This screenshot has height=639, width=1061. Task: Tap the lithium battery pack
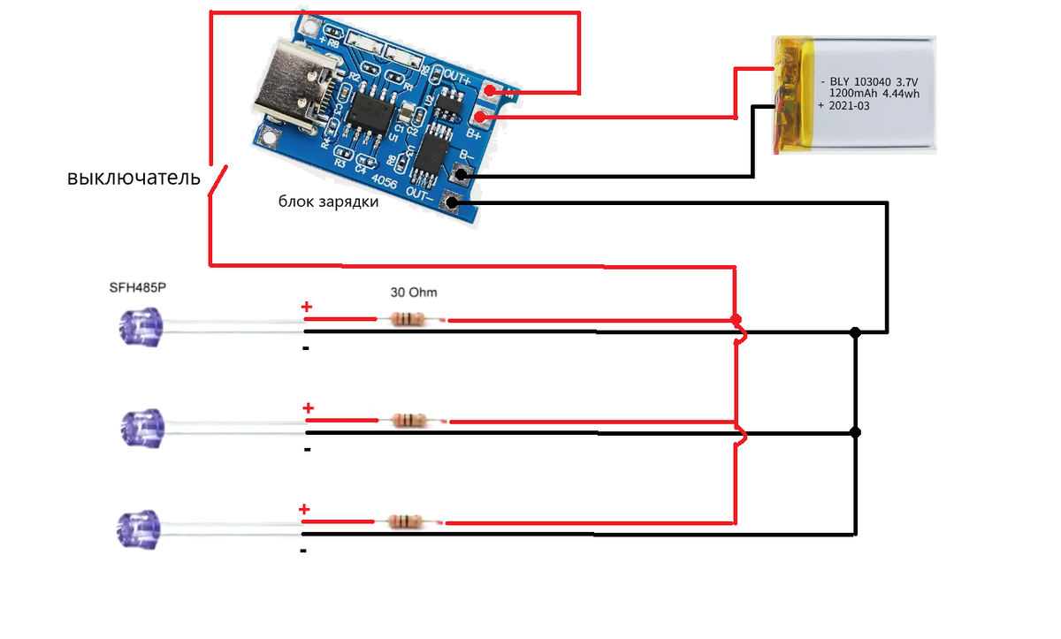[854, 95]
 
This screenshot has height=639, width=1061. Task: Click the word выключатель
[134, 178]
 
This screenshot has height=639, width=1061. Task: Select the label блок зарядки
[328, 202]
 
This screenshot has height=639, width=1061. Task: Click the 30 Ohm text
[414, 292]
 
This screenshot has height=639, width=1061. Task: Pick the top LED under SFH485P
[140, 327]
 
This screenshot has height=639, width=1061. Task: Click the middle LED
[140, 428]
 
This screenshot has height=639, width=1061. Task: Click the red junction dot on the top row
[736, 319]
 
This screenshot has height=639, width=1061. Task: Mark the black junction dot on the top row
[855, 332]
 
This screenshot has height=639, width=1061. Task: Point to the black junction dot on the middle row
[855, 432]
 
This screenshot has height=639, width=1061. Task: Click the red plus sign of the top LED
[307, 308]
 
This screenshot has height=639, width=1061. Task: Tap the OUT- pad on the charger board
[453, 202]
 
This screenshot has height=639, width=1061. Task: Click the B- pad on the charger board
[462, 176]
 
